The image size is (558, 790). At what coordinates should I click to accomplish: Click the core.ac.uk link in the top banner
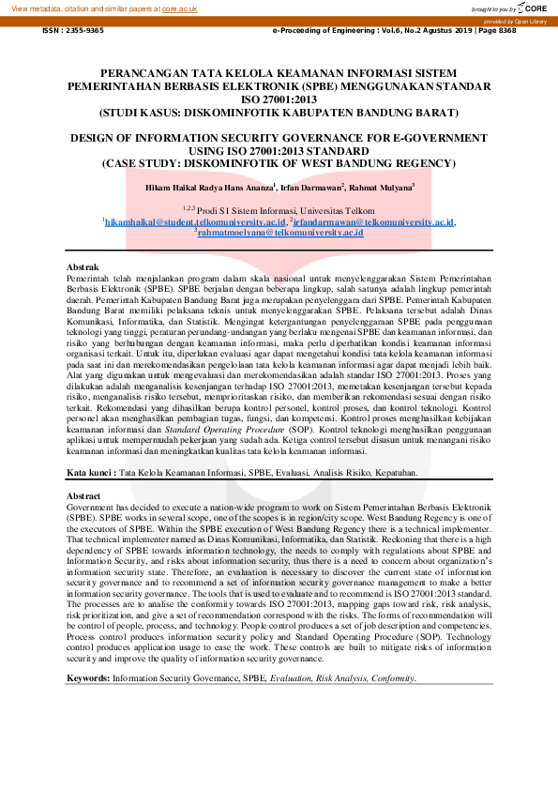(x=180, y=8)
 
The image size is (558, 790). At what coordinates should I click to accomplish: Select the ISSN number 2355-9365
(x=73, y=30)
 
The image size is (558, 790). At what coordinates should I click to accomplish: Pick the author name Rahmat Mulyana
(x=380, y=188)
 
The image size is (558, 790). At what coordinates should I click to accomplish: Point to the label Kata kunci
(x=91, y=474)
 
